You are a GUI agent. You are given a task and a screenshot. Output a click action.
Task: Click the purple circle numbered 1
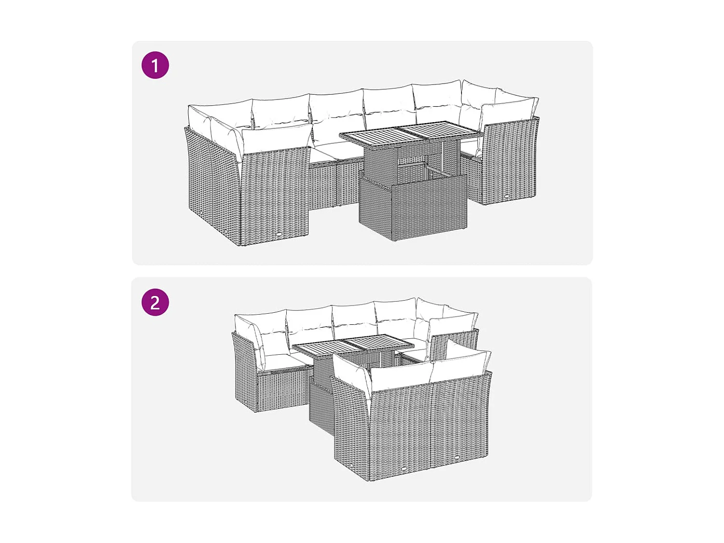click(155, 65)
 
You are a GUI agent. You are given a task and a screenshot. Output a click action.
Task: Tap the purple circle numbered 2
click(155, 303)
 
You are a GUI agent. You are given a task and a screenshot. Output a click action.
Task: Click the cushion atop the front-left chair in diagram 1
click(275, 140)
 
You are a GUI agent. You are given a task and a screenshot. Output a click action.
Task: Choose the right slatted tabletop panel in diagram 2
click(379, 343)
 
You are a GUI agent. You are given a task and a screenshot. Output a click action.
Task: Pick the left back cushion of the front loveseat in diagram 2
click(401, 374)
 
